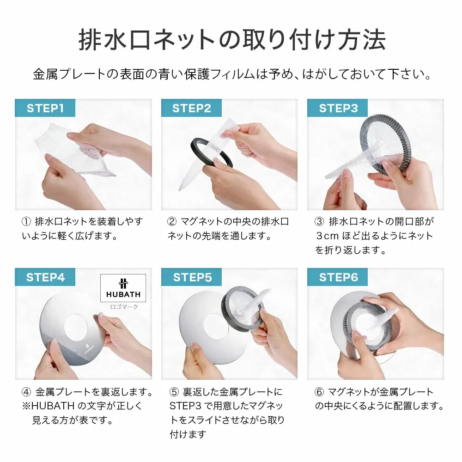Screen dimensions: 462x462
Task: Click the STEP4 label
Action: point(45,277)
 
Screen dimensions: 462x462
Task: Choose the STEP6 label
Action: point(338,277)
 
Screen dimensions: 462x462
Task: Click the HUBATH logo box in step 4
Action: point(123,288)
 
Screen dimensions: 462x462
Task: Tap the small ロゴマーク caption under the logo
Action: point(123,306)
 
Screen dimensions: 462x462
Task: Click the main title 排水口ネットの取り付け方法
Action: point(231,41)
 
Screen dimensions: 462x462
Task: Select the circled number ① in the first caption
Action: point(26,222)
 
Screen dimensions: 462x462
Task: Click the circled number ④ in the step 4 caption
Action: point(26,392)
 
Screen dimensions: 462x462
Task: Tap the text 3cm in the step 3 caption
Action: point(327,236)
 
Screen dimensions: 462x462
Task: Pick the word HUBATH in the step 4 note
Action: point(52,407)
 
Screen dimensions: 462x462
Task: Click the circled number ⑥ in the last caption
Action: point(319,392)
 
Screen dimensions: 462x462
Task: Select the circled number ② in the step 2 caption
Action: point(172,222)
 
